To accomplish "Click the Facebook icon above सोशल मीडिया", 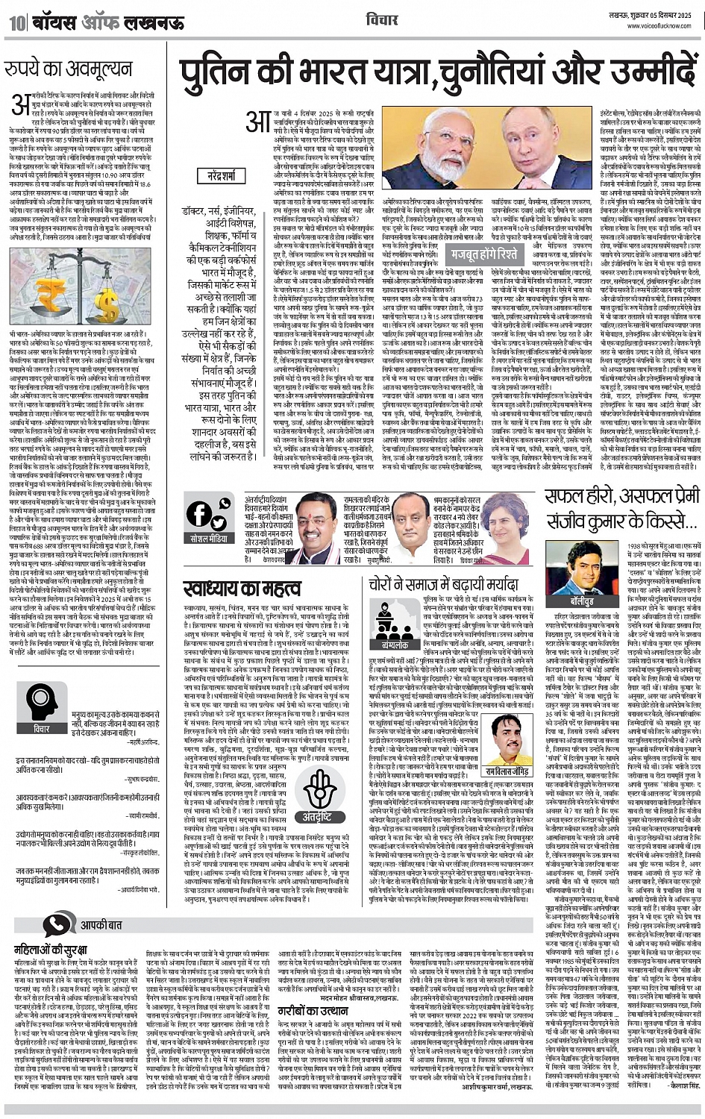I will [200, 515].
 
